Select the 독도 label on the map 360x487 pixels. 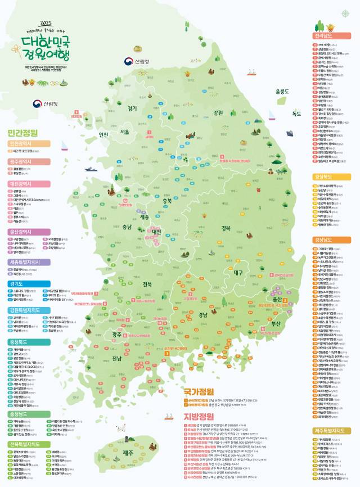pyautogui.click(x=296, y=114)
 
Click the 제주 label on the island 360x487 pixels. pyautogui.click(x=128, y=453)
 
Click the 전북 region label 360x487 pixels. pyautogui.click(x=148, y=283)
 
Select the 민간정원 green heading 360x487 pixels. pyautogui.click(x=23, y=133)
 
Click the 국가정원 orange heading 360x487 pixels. pyautogui.click(x=199, y=391)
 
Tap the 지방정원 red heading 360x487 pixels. pyautogui.click(x=199, y=416)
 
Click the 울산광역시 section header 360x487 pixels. pyautogui.click(x=28, y=231)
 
